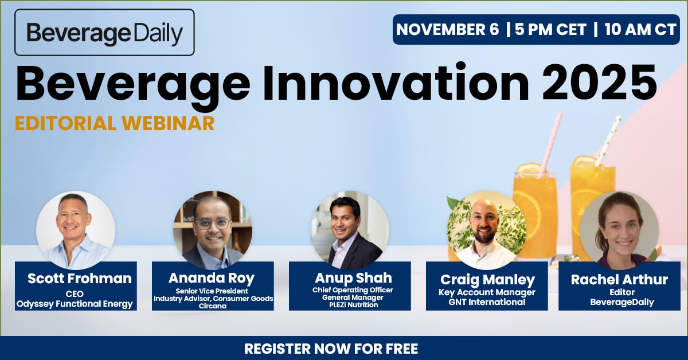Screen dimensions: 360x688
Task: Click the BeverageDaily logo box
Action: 104,33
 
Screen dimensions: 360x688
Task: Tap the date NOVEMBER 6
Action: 448,30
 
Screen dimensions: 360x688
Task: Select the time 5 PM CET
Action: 551,30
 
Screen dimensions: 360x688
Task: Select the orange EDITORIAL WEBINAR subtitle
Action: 115,123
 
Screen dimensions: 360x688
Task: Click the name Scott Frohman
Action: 80,279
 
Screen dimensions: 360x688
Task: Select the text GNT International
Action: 487,302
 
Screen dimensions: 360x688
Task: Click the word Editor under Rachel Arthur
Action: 619,292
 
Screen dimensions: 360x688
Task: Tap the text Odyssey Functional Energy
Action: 76,304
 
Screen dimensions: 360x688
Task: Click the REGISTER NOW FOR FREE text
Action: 331,349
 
